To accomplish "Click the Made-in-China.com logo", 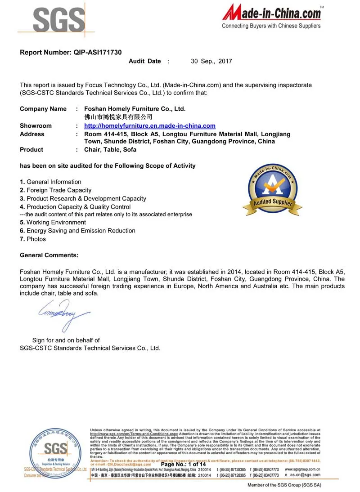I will pyautogui.click(x=272, y=16).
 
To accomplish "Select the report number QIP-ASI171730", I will pyautogui.click(x=71, y=52).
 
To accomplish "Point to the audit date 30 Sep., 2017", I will pyautogui.click(x=211, y=61).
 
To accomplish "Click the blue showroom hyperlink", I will pyautogui.click(x=150, y=126).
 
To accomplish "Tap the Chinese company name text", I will pyautogui.click(x=115, y=117).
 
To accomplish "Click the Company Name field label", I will pyautogui.click(x=43, y=109).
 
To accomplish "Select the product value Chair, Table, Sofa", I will pyautogui.click(x=110, y=150).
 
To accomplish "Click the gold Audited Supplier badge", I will pyautogui.click(x=272, y=189).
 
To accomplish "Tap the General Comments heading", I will pyautogui.click(x=49, y=255).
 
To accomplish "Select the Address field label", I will pyautogui.click(x=32, y=134).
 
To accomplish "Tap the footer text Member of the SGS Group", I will pyautogui.click(x=284, y=485).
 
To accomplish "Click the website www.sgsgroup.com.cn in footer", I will pyautogui.click(x=302, y=469).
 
